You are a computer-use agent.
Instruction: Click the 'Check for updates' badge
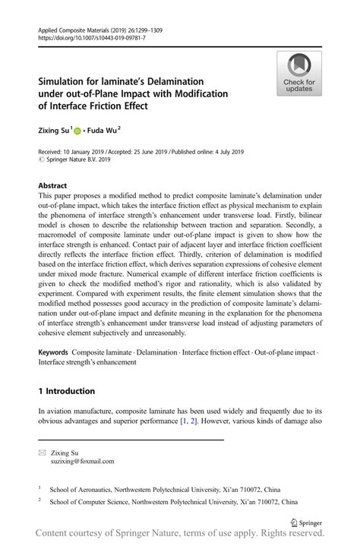click(299, 73)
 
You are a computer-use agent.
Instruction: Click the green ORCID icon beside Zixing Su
click(84, 131)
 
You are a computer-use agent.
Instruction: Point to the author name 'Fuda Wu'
click(110, 131)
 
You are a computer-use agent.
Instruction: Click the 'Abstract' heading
click(53, 185)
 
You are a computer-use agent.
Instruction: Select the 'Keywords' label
click(52, 352)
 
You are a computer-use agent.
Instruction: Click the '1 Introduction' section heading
click(66, 391)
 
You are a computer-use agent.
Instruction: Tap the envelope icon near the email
click(42, 452)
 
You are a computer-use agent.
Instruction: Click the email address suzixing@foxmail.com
click(83, 461)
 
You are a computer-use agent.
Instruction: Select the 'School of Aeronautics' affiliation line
click(165, 490)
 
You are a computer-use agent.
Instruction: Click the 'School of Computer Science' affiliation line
click(173, 503)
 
